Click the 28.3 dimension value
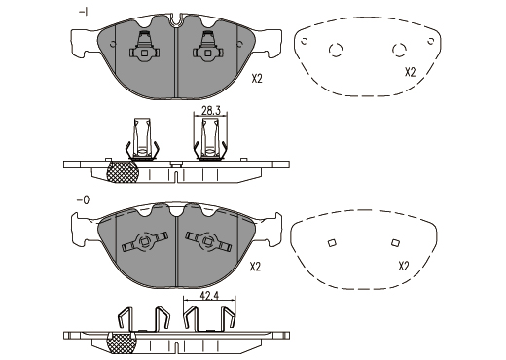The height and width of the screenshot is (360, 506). coord(211,111)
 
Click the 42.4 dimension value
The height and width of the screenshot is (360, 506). coord(209,296)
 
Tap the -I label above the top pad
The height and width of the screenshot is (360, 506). coord(84,12)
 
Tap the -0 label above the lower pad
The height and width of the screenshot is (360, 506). coord(83,200)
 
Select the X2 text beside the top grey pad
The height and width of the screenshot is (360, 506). coord(257,79)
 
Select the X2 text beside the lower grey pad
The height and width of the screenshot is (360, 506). coord(255,267)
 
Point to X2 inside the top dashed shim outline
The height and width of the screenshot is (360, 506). coord(410,72)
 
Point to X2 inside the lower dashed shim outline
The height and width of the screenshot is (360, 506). coord(404,267)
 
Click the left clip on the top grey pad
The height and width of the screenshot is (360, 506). coord(145,46)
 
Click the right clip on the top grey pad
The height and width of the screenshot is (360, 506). coord(208,46)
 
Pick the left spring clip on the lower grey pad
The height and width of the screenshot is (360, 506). coord(145,241)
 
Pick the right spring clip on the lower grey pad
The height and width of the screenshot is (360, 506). coord(208,241)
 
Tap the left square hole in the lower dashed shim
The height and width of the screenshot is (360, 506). coord(332,243)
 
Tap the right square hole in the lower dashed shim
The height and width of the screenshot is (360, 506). coord(395,242)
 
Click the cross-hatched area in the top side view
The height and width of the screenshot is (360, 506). coord(123,172)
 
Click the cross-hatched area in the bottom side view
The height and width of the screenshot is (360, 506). coord(122,343)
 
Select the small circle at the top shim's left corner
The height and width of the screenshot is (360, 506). coord(305,41)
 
